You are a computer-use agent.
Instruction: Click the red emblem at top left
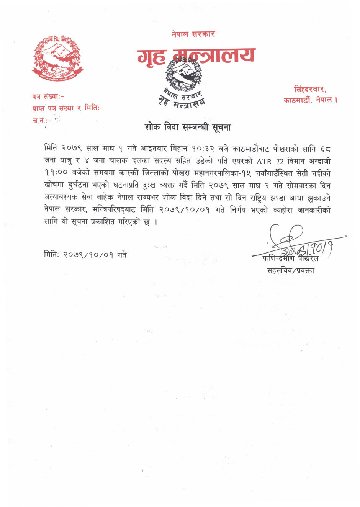click(x=57, y=58)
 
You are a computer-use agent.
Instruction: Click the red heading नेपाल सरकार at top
click(x=193, y=34)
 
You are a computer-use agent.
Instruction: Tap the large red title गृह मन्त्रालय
click(x=196, y=56)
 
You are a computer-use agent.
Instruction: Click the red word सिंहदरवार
click(x=310, y=90)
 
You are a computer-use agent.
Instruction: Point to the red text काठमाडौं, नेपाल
click(x=310, y=100)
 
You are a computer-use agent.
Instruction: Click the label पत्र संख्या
click(x=48, y=97)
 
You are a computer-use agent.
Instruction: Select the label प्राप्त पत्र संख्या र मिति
click(x=68, y=108)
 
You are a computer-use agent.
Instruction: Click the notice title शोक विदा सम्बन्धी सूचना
click(x=188, y=127)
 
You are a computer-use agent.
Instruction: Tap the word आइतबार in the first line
click(x=155, y=149)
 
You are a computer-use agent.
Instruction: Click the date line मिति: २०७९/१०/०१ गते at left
click(x=85, y=255)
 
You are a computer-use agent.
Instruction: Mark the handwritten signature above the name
click(x=295, y=241)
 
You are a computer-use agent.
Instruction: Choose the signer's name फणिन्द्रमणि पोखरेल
click(x=290, y=259)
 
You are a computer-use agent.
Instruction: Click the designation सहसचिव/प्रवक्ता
click(x=290, y=271)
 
